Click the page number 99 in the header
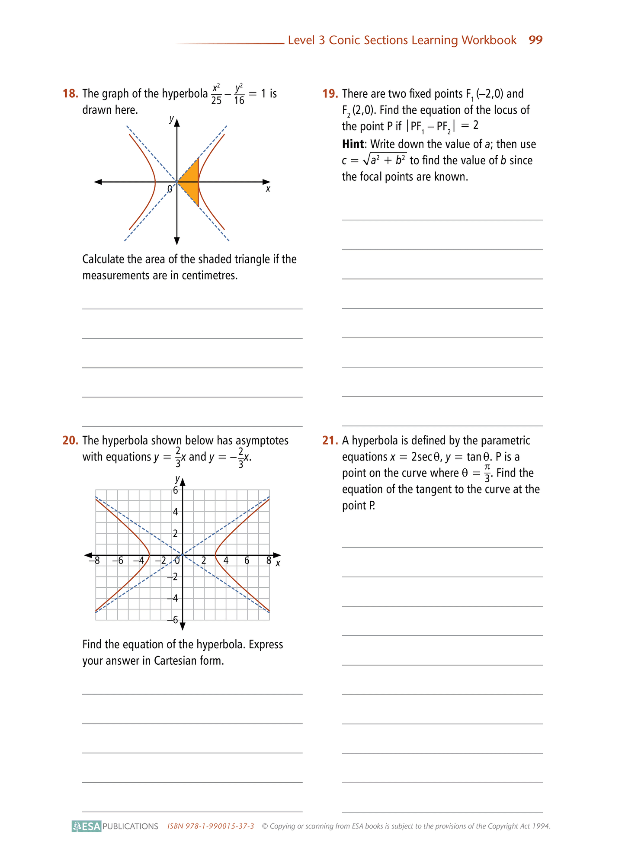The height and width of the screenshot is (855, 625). tap(535, 40)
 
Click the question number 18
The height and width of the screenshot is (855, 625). tap(70, 94)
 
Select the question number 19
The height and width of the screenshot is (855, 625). tap(330, 94)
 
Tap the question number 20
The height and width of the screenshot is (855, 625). tap(70, 441)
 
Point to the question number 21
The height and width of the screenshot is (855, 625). tap(330, 441)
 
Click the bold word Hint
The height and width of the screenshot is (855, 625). tap(353, 144)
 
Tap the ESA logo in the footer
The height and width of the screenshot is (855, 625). tap(87, 826)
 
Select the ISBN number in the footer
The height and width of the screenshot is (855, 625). tap(211, 826)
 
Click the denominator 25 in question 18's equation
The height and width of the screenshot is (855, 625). tap(216, 101)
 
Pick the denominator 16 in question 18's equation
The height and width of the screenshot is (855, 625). tap(239, 101)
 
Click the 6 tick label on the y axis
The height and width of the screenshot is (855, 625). tap(175, 490)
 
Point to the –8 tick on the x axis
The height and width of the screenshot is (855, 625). tap(95, 561)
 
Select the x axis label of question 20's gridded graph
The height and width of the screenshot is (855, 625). tap(278, 563)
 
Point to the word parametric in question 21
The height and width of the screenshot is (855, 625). tap(505, 441)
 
